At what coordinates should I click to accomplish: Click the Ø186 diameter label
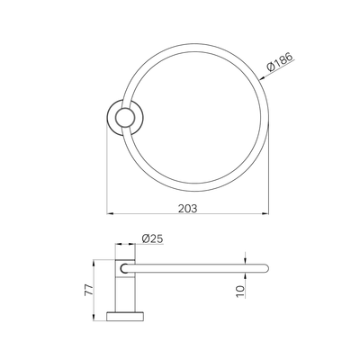[x=279, y=61]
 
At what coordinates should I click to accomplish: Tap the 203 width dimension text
[x=188, y=208]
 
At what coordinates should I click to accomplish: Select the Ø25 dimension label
[x=152, y=238]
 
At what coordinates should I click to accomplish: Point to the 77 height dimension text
[x=89, y=291]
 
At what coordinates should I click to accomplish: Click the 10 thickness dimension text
[x=240, y=292]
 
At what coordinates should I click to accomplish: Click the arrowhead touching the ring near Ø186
[x=262, y=79]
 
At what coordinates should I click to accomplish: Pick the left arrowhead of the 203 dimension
[x=110, y=213]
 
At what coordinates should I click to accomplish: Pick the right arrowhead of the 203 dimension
[x=265, y=213]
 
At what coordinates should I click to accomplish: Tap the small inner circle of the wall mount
[x=125, y=117]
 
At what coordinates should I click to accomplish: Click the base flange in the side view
[x=125, y=316]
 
